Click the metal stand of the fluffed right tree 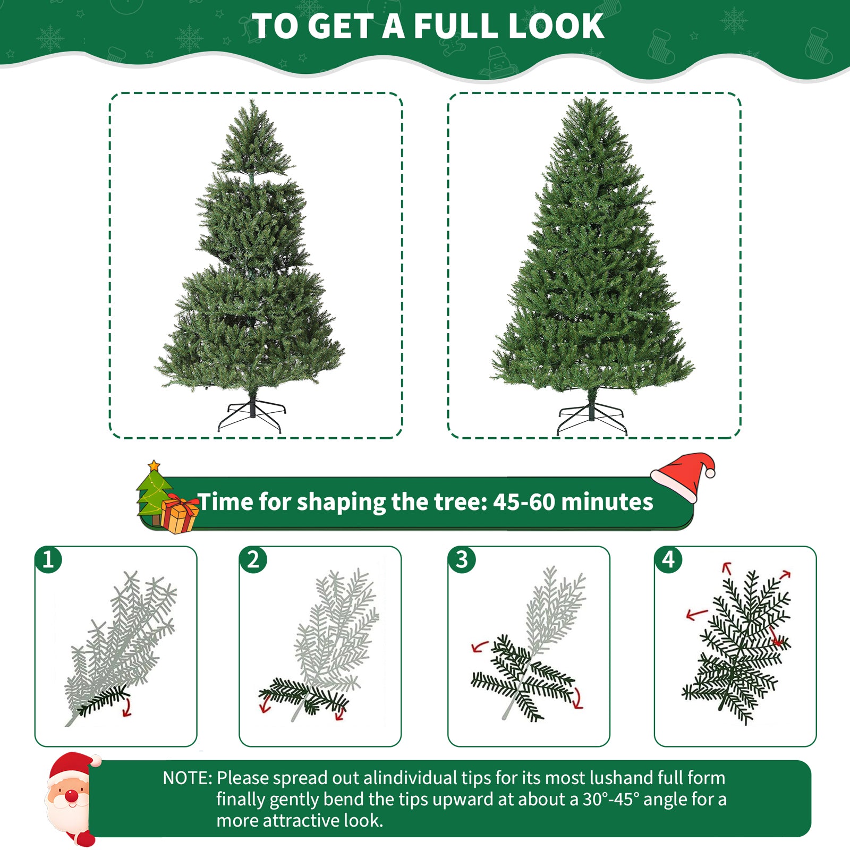point(591,417)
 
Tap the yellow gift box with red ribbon point(179,514)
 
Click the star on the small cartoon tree point(154,466)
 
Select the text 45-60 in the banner point(524,502)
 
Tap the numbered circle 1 point(48,560)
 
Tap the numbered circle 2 point(253,560)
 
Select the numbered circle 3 point(462,560)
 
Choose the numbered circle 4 point(668,560)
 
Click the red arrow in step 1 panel point(127,708)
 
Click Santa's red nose point(70,796)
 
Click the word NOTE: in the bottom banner point(187,778)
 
